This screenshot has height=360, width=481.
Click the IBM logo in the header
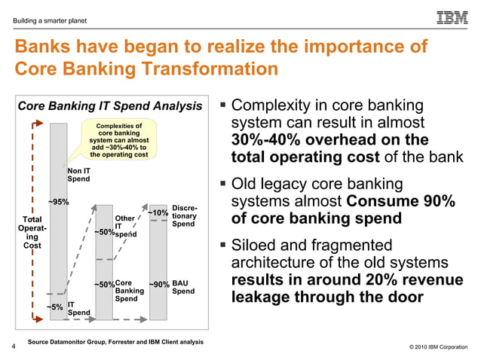452,17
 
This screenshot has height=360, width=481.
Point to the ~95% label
59,202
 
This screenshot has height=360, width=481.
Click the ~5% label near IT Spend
54,307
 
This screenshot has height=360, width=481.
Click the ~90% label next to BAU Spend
159,285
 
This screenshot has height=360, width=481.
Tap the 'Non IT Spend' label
79,174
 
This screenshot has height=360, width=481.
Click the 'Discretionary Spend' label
185,215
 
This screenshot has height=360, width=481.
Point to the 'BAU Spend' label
183,288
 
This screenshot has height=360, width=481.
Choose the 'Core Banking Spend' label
129,291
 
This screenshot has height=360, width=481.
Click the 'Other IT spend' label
124,226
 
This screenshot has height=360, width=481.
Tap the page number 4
14,347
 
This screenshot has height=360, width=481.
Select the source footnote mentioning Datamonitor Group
115,342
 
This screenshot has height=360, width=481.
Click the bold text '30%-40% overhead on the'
330,141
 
